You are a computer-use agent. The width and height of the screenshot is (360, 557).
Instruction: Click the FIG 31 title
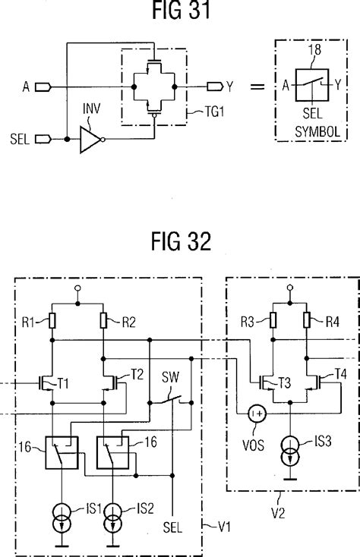point(180,13)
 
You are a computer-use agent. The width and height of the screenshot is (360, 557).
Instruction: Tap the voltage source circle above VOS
point(257,414)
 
